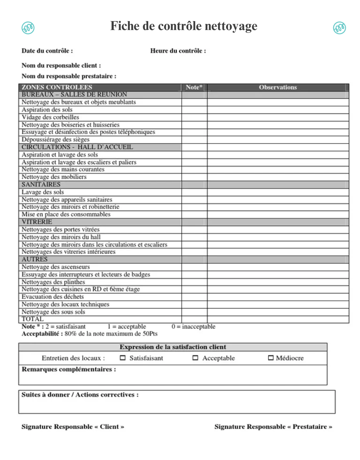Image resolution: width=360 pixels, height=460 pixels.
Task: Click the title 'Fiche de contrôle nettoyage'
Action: tap(184, 27)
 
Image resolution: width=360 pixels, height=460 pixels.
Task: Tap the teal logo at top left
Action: tap(28, 28)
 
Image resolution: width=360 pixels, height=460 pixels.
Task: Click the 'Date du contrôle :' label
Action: tap(47, 51)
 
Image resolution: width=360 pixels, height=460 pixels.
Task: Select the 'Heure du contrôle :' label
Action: tap(178, 51)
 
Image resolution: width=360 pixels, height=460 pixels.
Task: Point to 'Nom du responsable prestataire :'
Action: tap(69, 76)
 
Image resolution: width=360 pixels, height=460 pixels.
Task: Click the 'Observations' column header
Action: tap(278, 87)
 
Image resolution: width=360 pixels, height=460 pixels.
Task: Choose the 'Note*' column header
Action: tap(194, 87)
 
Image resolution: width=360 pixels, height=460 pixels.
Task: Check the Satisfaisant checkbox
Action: tap(123, 358)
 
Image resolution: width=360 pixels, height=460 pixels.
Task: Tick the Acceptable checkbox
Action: tap(195, 358)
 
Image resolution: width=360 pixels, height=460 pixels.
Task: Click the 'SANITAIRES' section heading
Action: tap(41, 184)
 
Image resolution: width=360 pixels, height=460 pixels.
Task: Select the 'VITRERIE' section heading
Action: tap(37, 222)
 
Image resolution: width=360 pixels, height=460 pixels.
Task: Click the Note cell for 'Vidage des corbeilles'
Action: tap(194, 117)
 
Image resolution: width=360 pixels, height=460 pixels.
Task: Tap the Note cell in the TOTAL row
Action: tap(194, 319)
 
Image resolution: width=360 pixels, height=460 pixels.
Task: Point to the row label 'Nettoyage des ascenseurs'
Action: tap(56, 267)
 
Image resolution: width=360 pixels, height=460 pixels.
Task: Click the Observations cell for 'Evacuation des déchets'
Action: tap(278, 297)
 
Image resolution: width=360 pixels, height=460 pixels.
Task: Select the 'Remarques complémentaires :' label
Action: tap(69, 369)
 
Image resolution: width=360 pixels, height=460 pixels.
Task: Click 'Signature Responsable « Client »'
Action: tap(73, 427)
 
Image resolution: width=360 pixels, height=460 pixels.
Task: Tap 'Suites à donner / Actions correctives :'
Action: tap(80, 395)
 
